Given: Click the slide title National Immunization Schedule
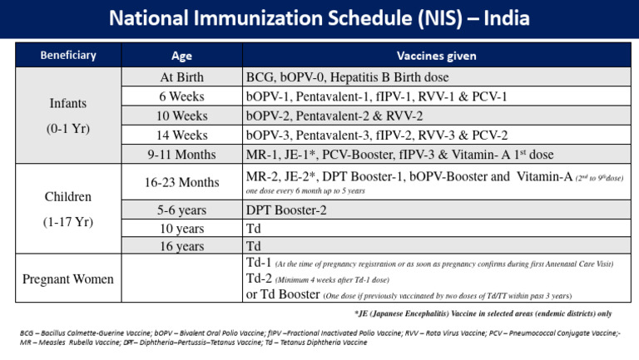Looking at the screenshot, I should point(319,18).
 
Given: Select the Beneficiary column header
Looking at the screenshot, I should point(68,56).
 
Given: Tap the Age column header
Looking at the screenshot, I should point(181,56).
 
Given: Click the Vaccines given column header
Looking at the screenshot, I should point(436,56).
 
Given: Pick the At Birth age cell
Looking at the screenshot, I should point(181,77).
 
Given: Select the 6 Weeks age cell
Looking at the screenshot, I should point(181,96).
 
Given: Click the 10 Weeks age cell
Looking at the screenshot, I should point(181,116).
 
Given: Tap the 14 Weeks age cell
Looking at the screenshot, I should point(181,135).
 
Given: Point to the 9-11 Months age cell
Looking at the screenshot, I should point(181,154).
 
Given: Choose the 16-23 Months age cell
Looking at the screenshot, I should point(181,182).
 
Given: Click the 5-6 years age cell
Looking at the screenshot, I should point(181,210).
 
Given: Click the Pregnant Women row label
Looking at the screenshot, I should point(68,279).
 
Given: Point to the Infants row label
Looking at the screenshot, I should point(68,106).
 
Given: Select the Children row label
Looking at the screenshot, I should point(68,198).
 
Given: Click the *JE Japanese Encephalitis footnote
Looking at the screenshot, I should point(483,313).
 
